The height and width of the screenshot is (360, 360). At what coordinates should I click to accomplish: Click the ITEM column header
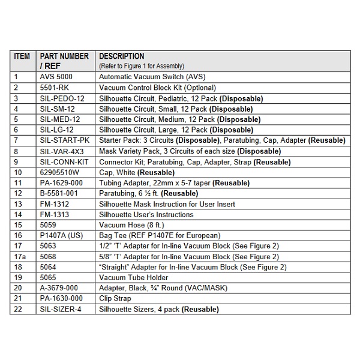coord(22,56)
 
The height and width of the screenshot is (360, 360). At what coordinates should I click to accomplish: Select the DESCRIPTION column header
coord(121,56)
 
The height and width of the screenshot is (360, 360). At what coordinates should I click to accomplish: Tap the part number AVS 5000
coord(58,77)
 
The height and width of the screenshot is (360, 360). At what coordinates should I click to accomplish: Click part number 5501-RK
coord(55,88)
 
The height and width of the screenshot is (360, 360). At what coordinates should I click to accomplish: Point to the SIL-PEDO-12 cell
coord(62,98)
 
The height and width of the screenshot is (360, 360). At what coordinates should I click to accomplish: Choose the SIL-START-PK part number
coord(65,140)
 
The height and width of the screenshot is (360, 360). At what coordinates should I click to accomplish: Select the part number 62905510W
coord(62,172)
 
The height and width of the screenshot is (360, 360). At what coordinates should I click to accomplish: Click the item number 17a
coord(19,257)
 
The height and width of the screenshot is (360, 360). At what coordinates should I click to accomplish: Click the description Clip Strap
coord(115,299)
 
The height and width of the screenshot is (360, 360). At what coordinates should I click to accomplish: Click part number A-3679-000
coord(61,289)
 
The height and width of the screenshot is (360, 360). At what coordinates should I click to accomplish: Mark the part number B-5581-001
coord(60,193)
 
